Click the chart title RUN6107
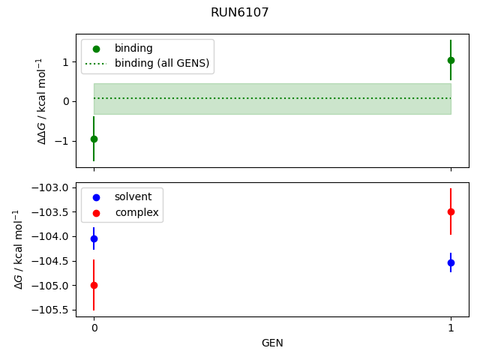point(240,13)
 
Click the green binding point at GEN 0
point(94,139)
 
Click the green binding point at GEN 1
point(451,60)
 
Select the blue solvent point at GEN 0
point(94,238)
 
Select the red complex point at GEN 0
point(94,285)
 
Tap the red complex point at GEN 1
point(451,211)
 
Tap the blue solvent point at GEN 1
point(451,262)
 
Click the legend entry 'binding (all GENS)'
point(161,63)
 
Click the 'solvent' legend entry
point(133,196)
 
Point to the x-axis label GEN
point(272,343)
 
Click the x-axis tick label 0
point(94,328)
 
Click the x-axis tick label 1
point(451,328)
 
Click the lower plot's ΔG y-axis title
point(18,250)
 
